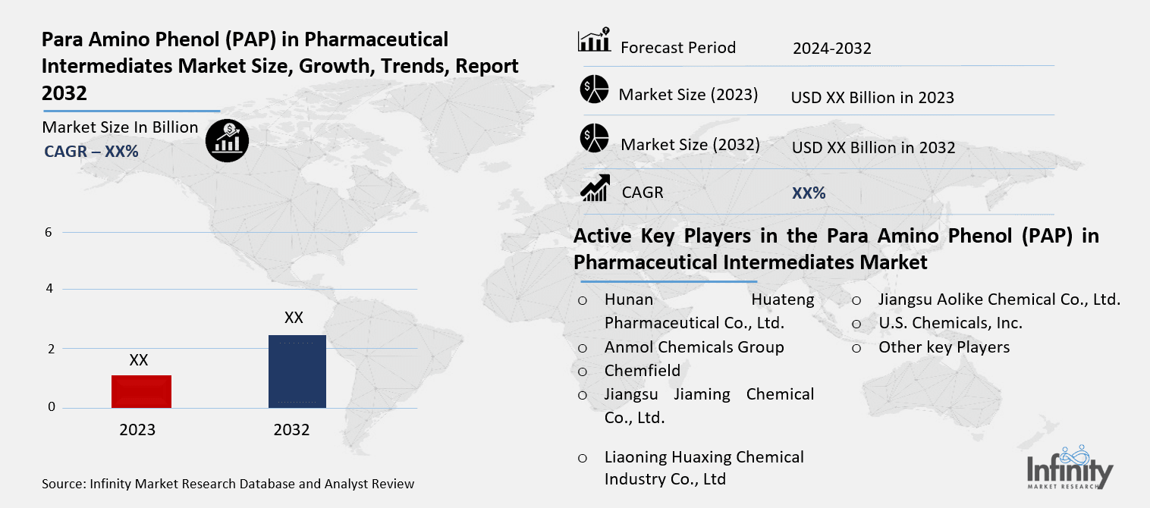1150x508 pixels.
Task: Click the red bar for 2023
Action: click(141, 391)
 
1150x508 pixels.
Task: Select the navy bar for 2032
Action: click(297, 371)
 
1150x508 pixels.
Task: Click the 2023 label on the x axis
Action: click(137, 430)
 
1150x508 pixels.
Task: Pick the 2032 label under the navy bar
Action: click(291, 430)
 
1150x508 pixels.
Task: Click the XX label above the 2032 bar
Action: click(294, 318)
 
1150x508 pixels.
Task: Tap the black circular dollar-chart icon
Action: click(227, 140)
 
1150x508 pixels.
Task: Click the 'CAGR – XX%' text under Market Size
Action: click(91, 152)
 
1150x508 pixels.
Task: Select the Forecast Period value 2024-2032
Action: click(832, 49)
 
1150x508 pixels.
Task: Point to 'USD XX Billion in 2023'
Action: click(872, 98)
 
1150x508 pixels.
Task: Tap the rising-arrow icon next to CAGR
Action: click(595, 188)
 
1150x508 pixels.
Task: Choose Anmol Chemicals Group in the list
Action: click(693, 347)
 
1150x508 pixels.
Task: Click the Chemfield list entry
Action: click(642, 371)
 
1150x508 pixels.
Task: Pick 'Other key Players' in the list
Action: click(944, 347)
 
